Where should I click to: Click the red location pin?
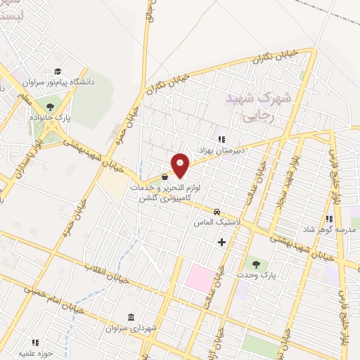181,165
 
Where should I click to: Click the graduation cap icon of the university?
58,71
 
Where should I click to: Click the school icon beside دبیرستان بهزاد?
221,139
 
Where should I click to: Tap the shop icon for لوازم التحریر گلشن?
165,177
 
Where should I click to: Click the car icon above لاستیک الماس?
217,212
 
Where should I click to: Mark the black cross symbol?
222,242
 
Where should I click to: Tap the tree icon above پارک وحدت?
255,264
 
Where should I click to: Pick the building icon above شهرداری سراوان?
131,317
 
